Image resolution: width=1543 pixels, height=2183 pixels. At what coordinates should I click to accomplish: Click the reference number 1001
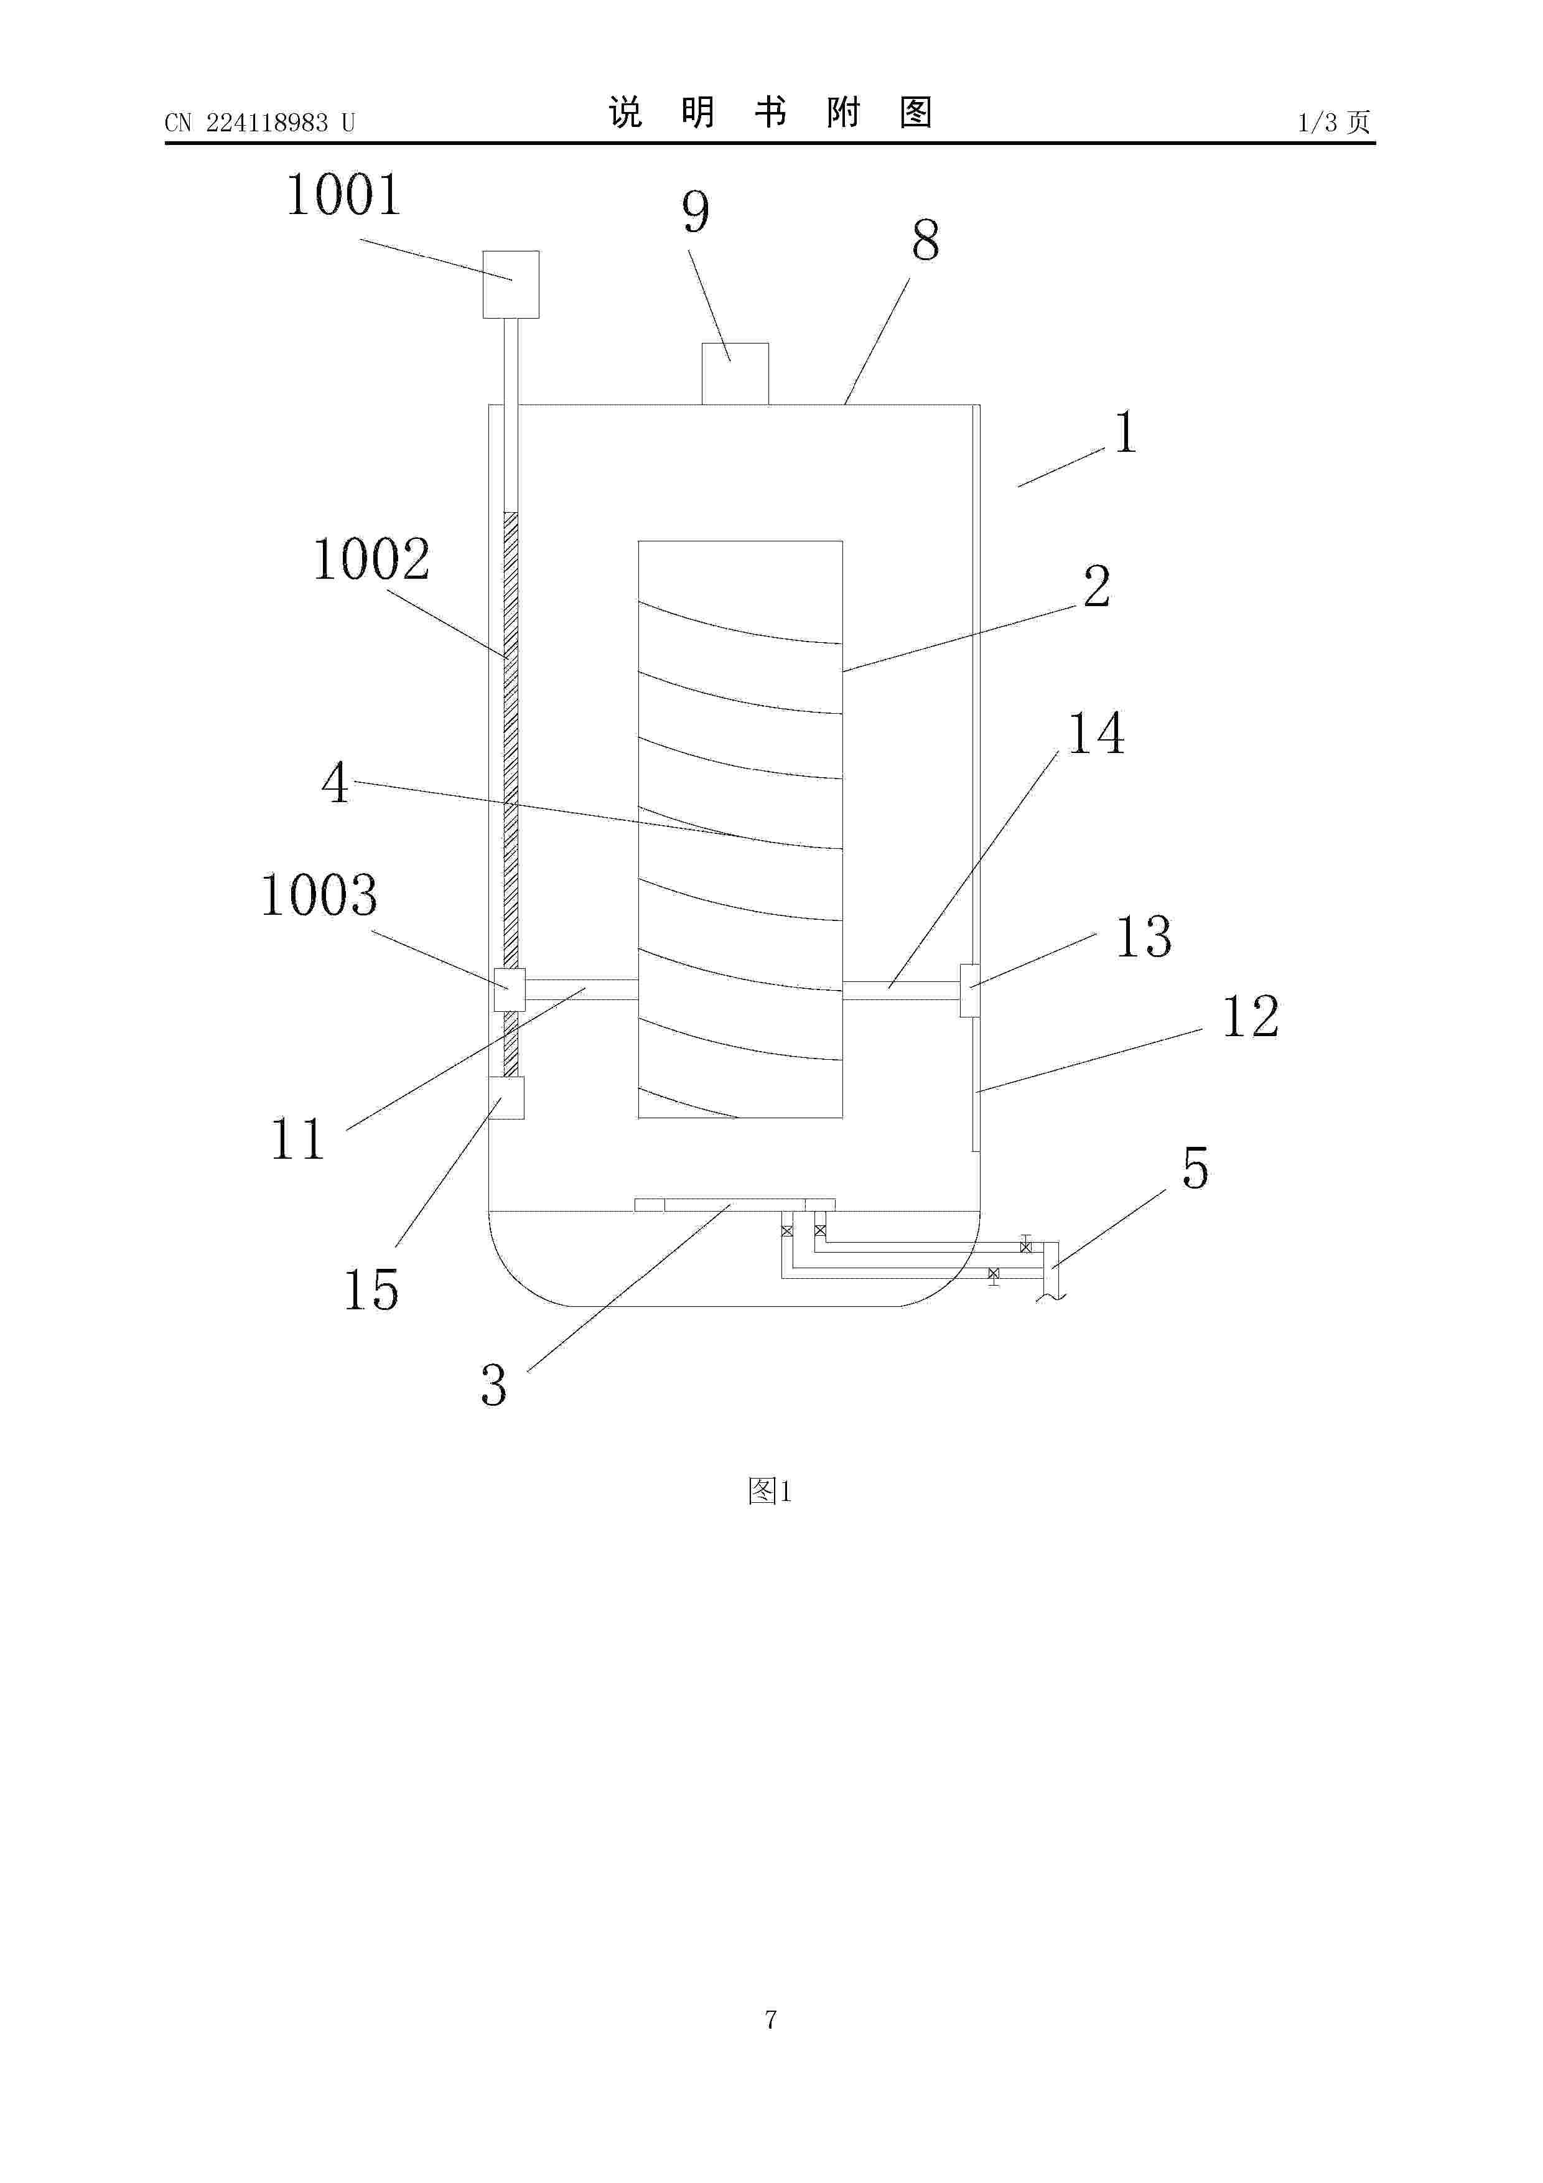pyautogui.click(x=343, y=196)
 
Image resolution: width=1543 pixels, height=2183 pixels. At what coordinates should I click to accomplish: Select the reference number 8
pyautogui.click(x=925, y=241)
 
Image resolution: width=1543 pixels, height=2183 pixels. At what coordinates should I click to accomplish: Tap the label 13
pyautogui.click(x=1143, y=937)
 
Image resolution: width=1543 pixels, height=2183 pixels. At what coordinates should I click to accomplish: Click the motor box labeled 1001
pyautogui.click(x=511, y=284)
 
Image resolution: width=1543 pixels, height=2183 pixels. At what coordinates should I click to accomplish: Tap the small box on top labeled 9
pyautogui.click(x=735, y=373)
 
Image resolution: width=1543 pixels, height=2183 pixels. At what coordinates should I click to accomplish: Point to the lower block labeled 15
pyautogui.click(x=506, y=1098)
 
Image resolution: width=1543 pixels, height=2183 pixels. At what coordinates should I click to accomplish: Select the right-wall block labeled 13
pyautogui.click(x=970, y=990)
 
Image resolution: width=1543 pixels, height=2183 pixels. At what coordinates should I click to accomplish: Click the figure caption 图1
pyautogui.click(x=770, y=1491)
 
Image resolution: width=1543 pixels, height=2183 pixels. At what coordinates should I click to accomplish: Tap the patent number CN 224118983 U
pyautogui.click(x=259, y=123)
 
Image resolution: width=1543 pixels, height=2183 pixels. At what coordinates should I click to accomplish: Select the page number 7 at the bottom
pyautogui.click(x=771, y=2019)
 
